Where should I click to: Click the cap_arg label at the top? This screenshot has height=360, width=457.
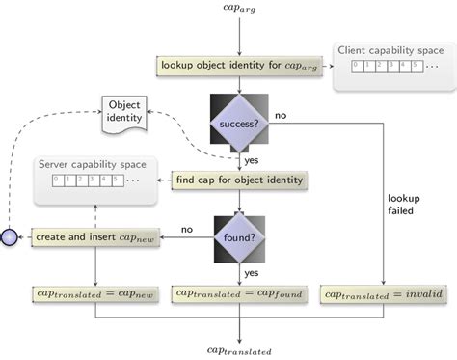[238, 11]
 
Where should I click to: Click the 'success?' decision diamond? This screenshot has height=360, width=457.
[238, 124]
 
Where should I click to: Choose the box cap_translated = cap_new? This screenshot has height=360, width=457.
[95, 292]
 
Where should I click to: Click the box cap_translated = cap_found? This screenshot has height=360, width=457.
[238, 292]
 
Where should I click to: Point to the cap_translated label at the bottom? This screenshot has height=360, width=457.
[238, 351]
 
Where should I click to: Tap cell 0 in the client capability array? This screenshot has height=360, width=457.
[355, 67]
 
